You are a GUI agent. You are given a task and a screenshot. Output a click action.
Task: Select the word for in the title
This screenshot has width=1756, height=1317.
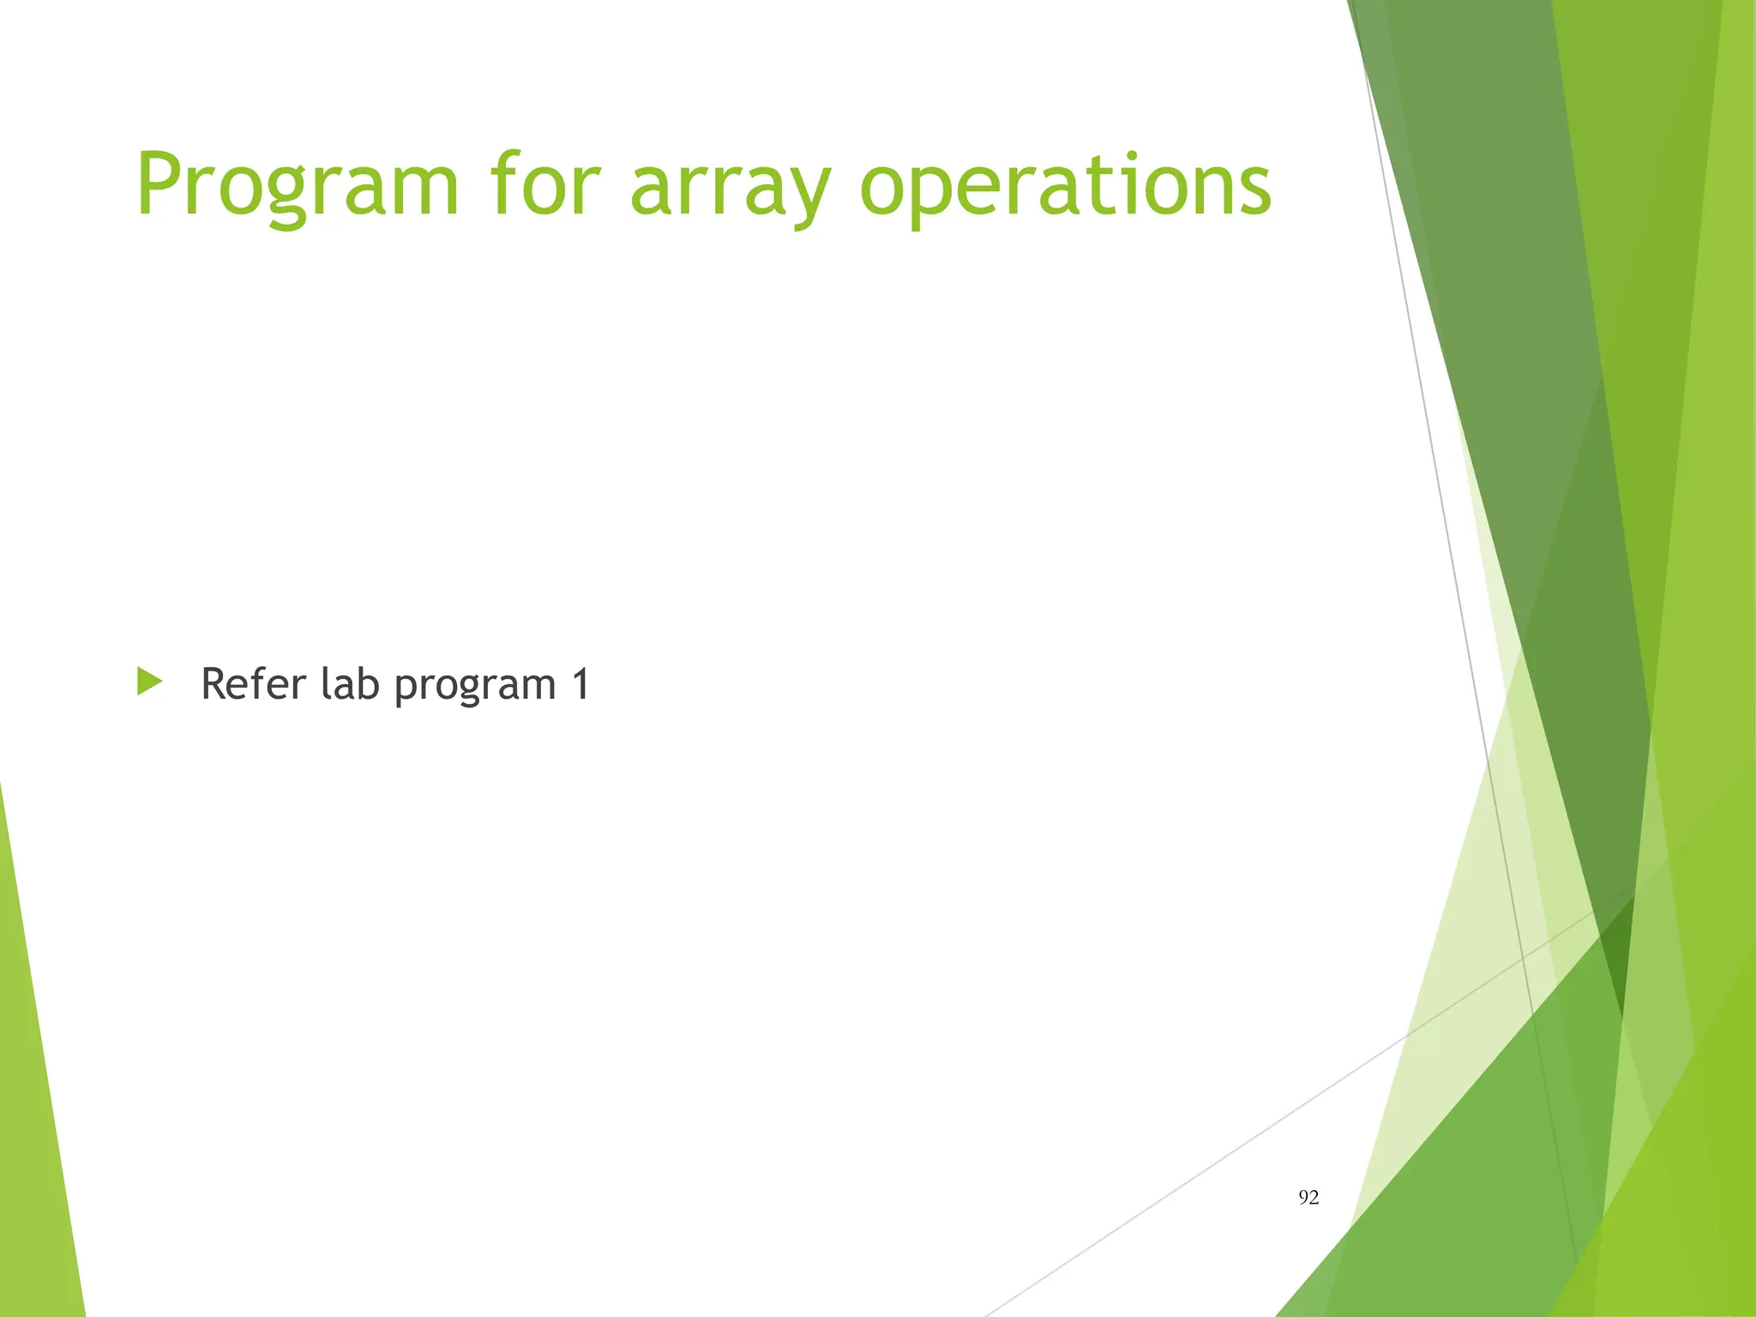pos(544,184)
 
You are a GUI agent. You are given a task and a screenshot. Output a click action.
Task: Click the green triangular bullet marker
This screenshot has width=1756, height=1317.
pos(149,683)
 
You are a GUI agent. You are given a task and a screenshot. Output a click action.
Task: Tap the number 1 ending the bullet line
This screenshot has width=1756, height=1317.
pos(580,684)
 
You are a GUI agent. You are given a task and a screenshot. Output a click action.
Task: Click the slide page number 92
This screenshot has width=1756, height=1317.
pos(1308,1198)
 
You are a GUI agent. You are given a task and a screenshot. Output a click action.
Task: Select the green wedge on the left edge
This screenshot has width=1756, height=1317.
pos(39,1115)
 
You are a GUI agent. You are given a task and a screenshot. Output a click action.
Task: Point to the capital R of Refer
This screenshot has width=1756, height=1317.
pos(215,684)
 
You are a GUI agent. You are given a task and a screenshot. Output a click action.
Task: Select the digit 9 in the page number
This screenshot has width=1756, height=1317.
pos(1303,1198)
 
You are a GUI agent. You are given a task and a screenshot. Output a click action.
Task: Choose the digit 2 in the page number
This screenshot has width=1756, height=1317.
pos(1314,1198)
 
